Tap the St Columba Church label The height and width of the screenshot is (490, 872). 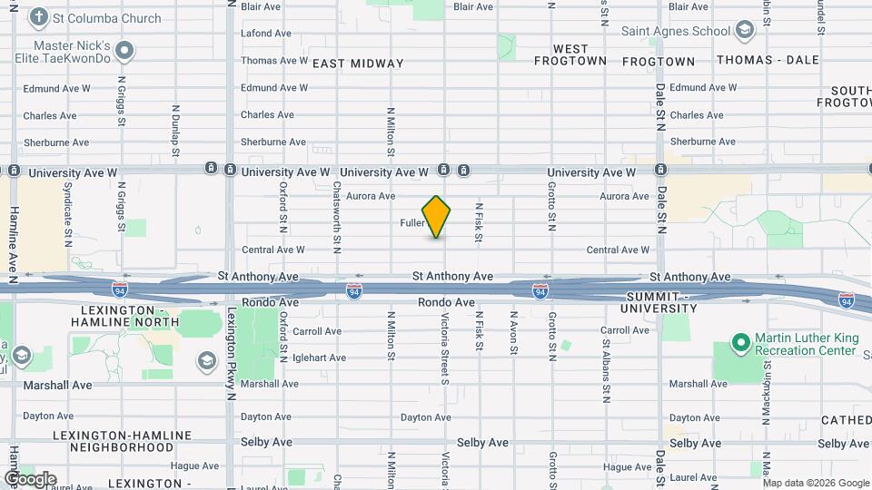point(106,18)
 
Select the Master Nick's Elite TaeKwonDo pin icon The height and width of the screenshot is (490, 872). point(125,50)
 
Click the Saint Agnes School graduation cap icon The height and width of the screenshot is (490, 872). point(745,31)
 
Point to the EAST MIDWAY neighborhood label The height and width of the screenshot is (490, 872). point(358,64)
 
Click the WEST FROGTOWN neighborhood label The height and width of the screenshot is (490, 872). point(570,54)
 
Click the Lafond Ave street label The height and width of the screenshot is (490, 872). point(266,34)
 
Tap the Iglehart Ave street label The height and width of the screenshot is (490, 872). point(319,358)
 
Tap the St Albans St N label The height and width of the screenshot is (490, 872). point(605,370)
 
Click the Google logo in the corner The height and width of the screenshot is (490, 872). point(30,479)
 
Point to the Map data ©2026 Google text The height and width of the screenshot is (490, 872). point(814,482)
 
